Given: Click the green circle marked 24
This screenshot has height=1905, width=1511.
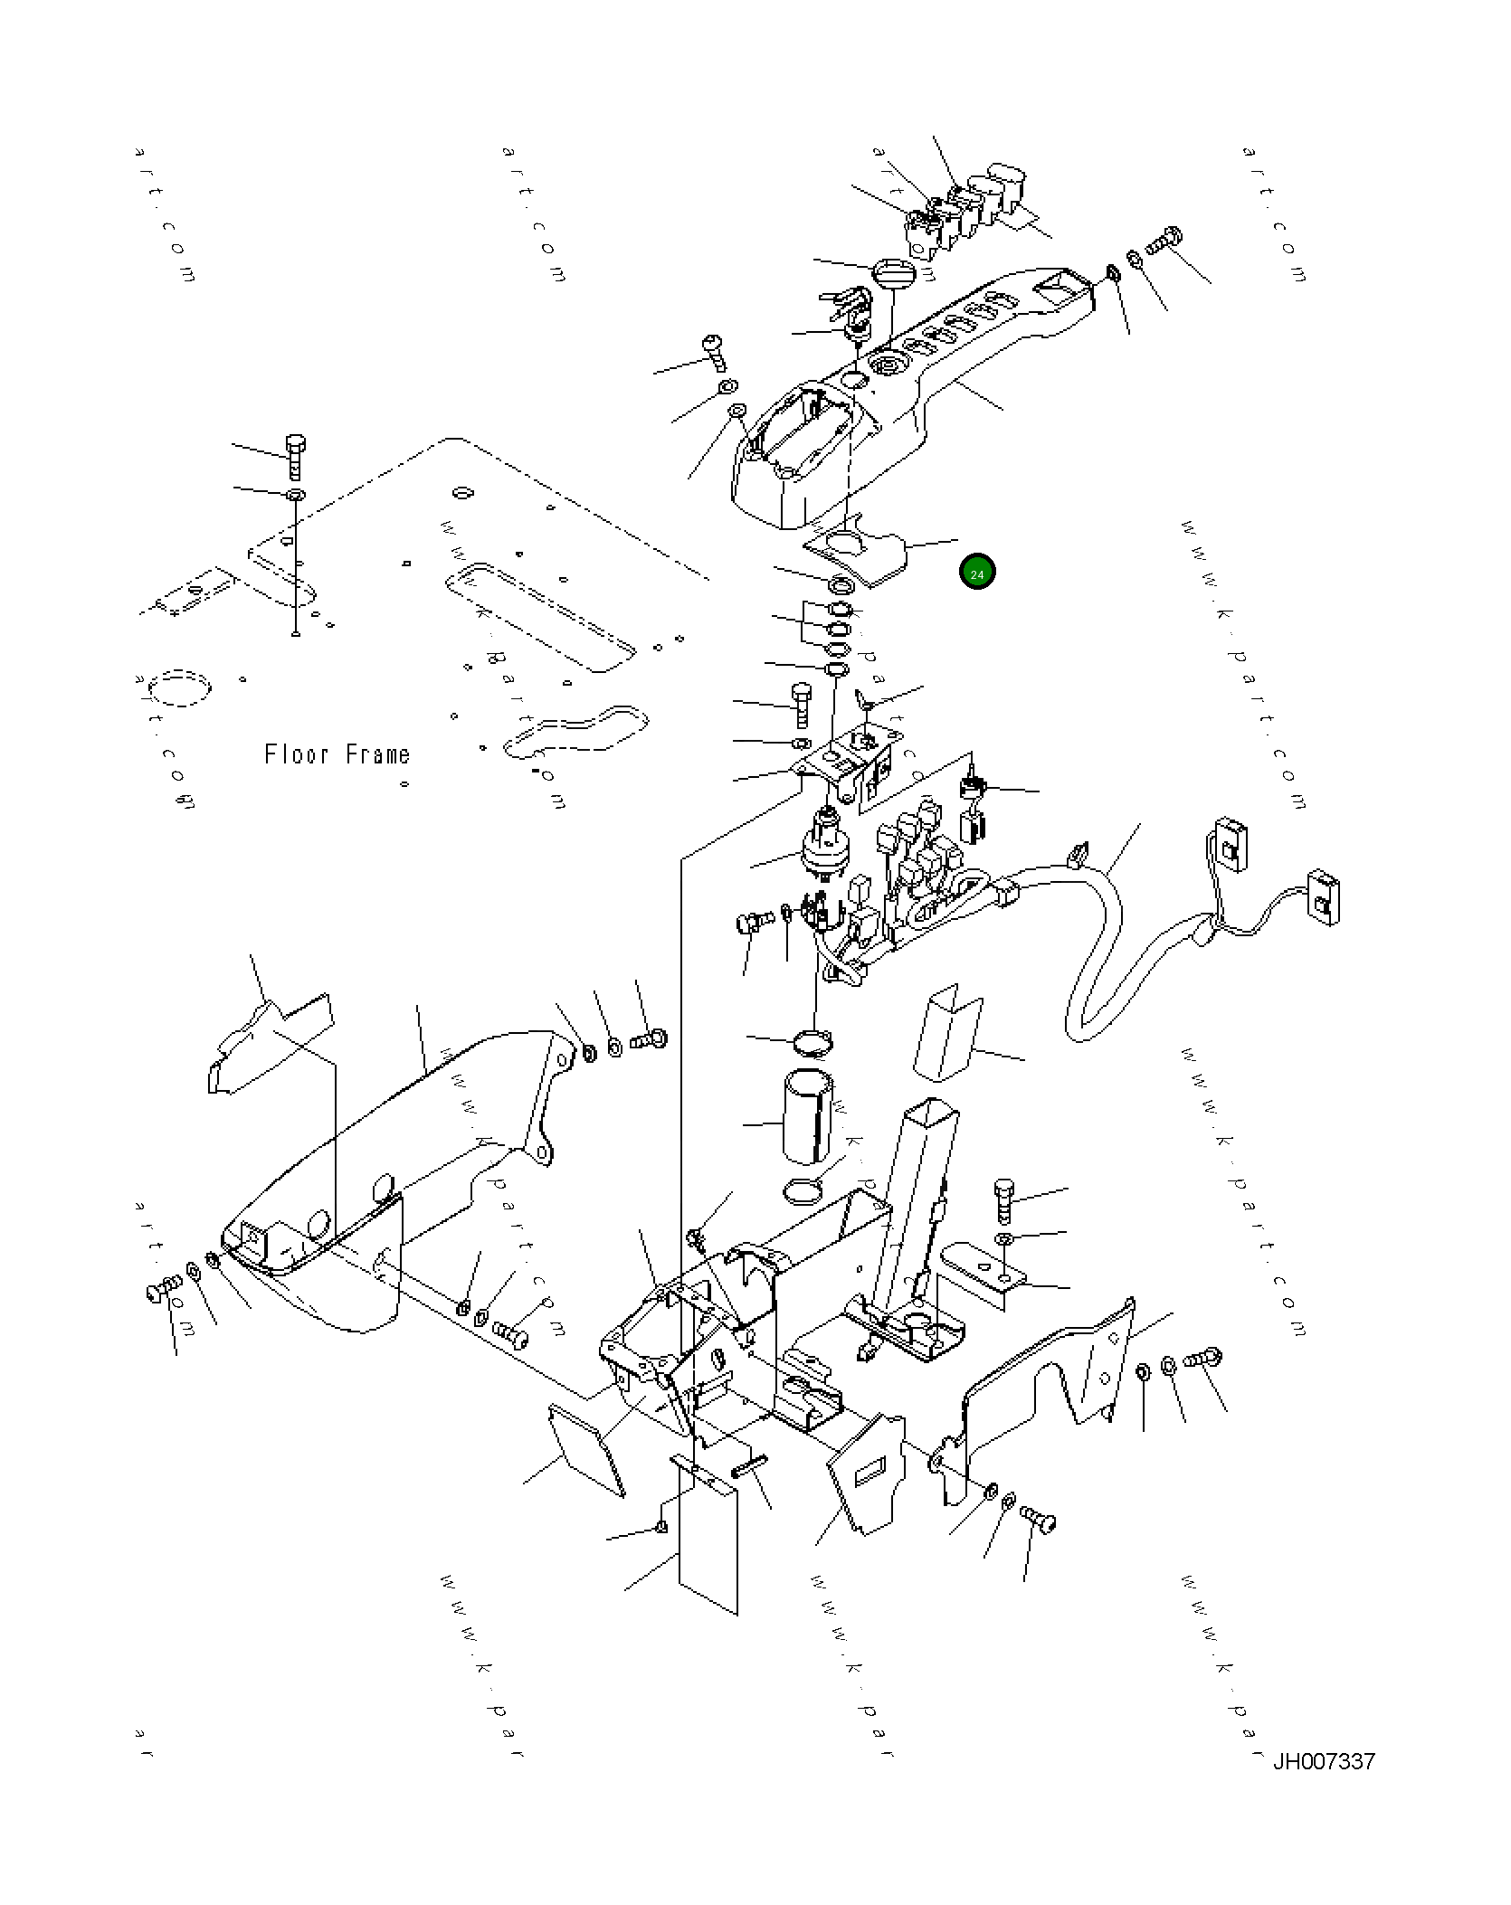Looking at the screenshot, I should click(977, 573).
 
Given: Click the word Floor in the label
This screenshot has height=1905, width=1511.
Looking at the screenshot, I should click(296, 754).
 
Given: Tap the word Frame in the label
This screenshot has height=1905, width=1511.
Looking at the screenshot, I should click(378, 754).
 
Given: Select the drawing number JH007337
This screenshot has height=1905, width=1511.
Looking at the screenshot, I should click(1324, 1761).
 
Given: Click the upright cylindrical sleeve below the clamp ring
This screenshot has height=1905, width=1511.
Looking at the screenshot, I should click(807, 1118).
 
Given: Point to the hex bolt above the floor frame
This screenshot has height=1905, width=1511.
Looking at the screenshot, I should click(294, 457).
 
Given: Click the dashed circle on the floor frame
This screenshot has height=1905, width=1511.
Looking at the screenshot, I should click(180, 687).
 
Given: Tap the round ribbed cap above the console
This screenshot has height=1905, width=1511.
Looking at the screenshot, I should click(894, 271).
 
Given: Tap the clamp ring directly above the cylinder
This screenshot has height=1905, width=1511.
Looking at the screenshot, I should click(813, 1042).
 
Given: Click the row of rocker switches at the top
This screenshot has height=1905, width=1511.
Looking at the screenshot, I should click(964, 208).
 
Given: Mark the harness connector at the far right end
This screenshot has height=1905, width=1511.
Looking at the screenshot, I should click(1324, 898).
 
